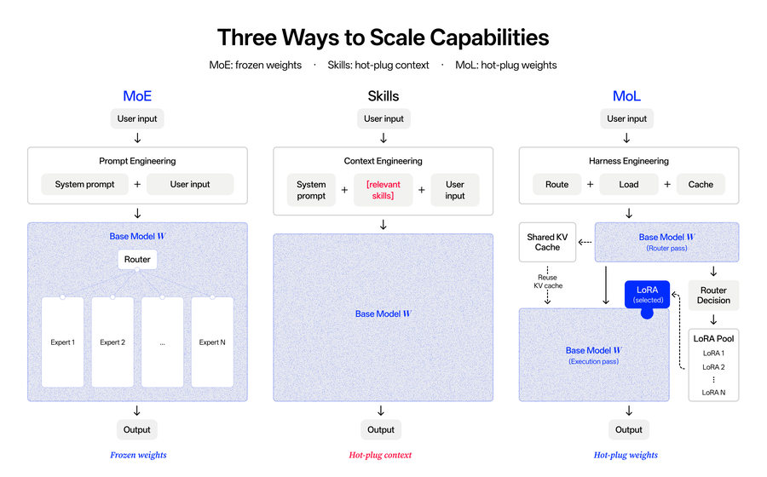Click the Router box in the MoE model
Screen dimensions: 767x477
137,260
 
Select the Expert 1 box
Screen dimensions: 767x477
62,342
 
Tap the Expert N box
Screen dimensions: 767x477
212,342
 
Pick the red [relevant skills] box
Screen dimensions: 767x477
383,190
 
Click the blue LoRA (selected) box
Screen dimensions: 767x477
647,294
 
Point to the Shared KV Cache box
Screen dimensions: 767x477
547,242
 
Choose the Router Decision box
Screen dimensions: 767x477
713,296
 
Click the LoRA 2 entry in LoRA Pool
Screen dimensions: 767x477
713,367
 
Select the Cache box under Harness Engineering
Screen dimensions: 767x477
701,184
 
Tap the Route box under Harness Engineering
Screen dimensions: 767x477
557,184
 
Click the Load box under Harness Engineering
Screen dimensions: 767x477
629,184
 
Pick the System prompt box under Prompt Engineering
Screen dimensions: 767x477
84,184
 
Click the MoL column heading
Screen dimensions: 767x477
626,95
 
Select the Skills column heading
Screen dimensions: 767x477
383,95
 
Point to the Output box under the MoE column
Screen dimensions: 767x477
137,429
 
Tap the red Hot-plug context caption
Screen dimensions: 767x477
380,455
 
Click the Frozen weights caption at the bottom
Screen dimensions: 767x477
138,455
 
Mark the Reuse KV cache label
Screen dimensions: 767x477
548,281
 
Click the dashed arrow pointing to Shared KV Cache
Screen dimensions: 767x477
585,242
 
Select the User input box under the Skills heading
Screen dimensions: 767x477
383,118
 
